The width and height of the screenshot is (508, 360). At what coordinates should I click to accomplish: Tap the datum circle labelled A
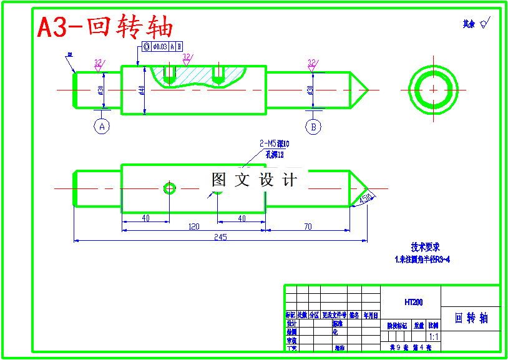102,127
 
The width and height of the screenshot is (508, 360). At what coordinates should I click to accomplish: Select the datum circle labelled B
313,127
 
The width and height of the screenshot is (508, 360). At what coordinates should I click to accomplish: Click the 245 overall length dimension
220,237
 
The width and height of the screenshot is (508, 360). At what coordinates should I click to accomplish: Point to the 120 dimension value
194,227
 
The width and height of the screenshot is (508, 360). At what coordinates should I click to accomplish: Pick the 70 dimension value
308,227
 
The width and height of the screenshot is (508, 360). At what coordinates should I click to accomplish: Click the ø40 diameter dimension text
142,90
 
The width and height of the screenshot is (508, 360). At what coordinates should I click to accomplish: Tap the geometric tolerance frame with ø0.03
162,47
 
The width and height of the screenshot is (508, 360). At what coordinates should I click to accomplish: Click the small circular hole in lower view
169,188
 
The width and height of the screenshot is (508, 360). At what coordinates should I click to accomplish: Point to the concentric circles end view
433,89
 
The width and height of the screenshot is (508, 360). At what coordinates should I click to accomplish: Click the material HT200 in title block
413,303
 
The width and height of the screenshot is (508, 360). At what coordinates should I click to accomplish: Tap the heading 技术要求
424,247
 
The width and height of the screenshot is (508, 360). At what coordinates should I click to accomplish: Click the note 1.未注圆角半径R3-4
423,258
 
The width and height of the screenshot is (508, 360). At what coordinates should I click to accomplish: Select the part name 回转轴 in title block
471,318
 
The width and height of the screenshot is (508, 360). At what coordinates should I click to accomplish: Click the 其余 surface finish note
476,24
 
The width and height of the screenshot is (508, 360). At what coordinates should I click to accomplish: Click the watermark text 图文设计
254,180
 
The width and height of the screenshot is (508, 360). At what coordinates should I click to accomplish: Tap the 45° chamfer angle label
366,198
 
